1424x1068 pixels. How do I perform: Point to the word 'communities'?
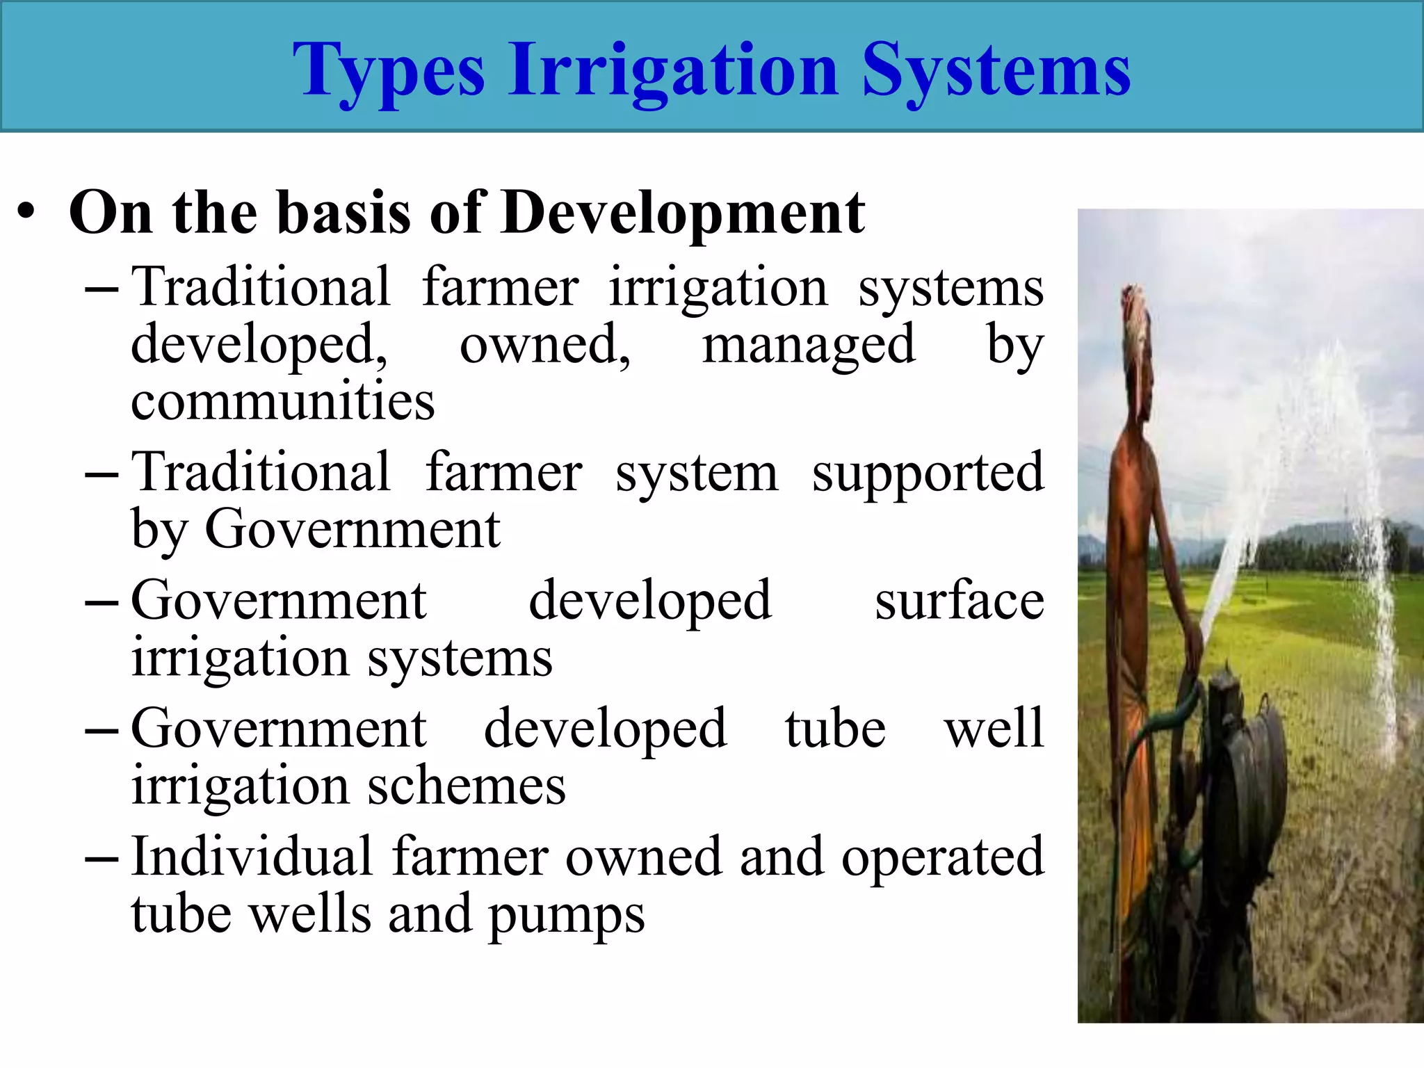[283, 402]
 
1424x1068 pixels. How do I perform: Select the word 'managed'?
[809, 346]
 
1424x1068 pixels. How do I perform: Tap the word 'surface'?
[960, 601]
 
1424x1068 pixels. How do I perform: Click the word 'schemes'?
[467, 786]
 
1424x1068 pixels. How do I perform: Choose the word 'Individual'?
[252, 857]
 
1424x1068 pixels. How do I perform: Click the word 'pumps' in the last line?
[567, 916]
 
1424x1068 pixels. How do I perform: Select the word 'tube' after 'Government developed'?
[836, 729]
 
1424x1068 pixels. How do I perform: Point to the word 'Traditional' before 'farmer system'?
[261, 473]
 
